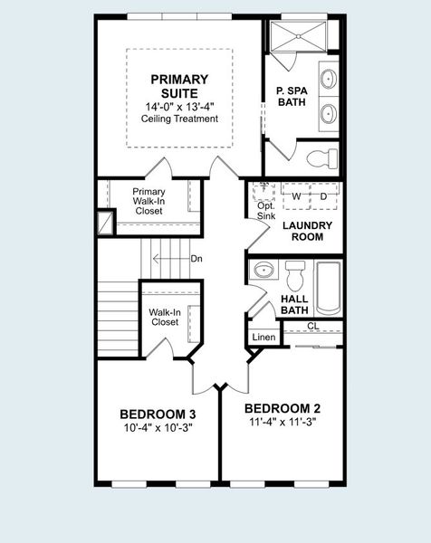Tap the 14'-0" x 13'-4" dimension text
[x=179, y=107]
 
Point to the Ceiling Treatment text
[x=179, y=119]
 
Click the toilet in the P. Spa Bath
[x=321, y=160]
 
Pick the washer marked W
[x=295, y=195]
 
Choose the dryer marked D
[x=323, y=195]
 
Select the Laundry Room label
[x=308, y=231]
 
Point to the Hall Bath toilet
[x=296, y=272]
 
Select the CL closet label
[x=313, y=327]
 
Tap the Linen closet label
[x=263, y=338]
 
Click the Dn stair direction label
[x=196, y=260]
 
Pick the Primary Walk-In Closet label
[x=148, y=201]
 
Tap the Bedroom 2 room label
[x=282, y=407]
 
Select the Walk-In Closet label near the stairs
[x=164, y=317]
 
